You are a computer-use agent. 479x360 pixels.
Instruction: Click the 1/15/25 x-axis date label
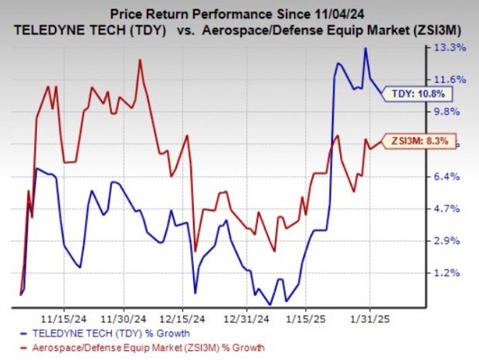(x=308, y=318)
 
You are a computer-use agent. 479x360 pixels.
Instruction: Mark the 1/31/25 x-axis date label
(x=369, y=318)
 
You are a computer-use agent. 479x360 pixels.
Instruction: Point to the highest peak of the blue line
(x=365, y=49)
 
